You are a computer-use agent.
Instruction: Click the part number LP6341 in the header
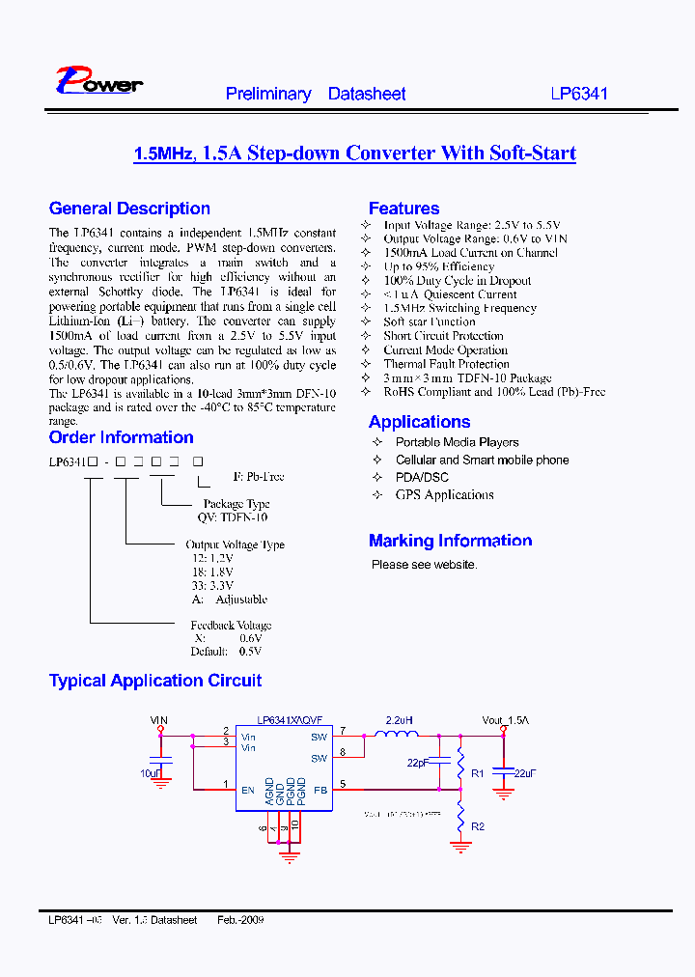(x=579, y=95)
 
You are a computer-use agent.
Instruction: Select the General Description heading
(x=129, y=209)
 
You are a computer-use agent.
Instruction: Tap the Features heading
(x=403, y=209)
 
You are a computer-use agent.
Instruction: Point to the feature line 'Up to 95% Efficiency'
(x=439, y=266)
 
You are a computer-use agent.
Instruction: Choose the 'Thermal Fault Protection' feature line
(x=446, y=364)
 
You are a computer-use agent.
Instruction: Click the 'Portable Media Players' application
(x=457, y=442)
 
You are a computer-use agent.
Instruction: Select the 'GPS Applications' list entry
(x=444, y=495)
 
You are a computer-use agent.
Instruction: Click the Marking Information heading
(x=450, y=541)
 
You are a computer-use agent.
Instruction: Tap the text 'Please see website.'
(x=424, y=565)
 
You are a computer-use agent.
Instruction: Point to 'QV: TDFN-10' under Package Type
(x=230, y=517)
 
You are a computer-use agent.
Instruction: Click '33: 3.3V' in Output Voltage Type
(x=210, y=585)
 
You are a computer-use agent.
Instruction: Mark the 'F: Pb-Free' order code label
(x=259, y=477)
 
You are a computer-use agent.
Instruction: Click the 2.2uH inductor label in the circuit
(x=400, y=720)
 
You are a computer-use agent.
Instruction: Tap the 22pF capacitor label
(x=417, y=763)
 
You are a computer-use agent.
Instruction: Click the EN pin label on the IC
(x=248, y=790)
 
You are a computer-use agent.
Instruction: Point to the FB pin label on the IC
(x=320, y=790)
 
